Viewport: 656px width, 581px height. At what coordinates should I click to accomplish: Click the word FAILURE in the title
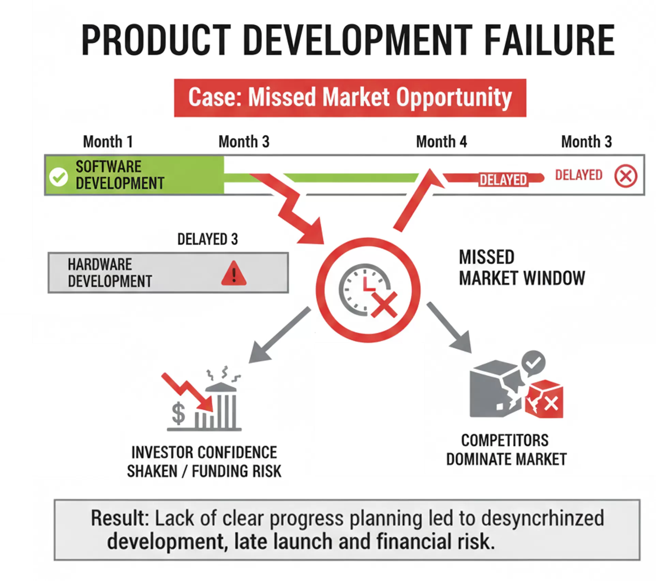[550, 40]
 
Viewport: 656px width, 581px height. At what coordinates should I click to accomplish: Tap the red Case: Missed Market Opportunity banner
[350, 98]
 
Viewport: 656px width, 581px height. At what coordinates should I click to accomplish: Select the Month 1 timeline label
[108, 142]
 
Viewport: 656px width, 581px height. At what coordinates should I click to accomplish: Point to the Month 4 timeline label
[441, 142]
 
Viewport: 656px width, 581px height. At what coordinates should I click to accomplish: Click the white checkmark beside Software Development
[59, 177]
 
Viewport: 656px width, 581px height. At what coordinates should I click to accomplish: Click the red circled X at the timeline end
[626, 176]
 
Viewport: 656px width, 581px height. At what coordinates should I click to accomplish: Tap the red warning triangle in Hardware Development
[234, 273]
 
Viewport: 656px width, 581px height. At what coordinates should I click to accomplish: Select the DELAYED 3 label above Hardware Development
[208, 239]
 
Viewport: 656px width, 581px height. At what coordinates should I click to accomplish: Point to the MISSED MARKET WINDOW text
[522, 268]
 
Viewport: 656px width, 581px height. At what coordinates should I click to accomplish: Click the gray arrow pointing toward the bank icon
[279, 335]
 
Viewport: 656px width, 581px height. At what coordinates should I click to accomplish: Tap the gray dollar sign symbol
[179, 413]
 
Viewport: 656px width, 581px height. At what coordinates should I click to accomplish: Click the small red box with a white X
[545, 399]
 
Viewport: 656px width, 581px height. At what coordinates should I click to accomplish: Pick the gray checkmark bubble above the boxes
[534, 363]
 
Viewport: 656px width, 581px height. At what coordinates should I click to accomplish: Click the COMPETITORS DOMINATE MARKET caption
[506, 450]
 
